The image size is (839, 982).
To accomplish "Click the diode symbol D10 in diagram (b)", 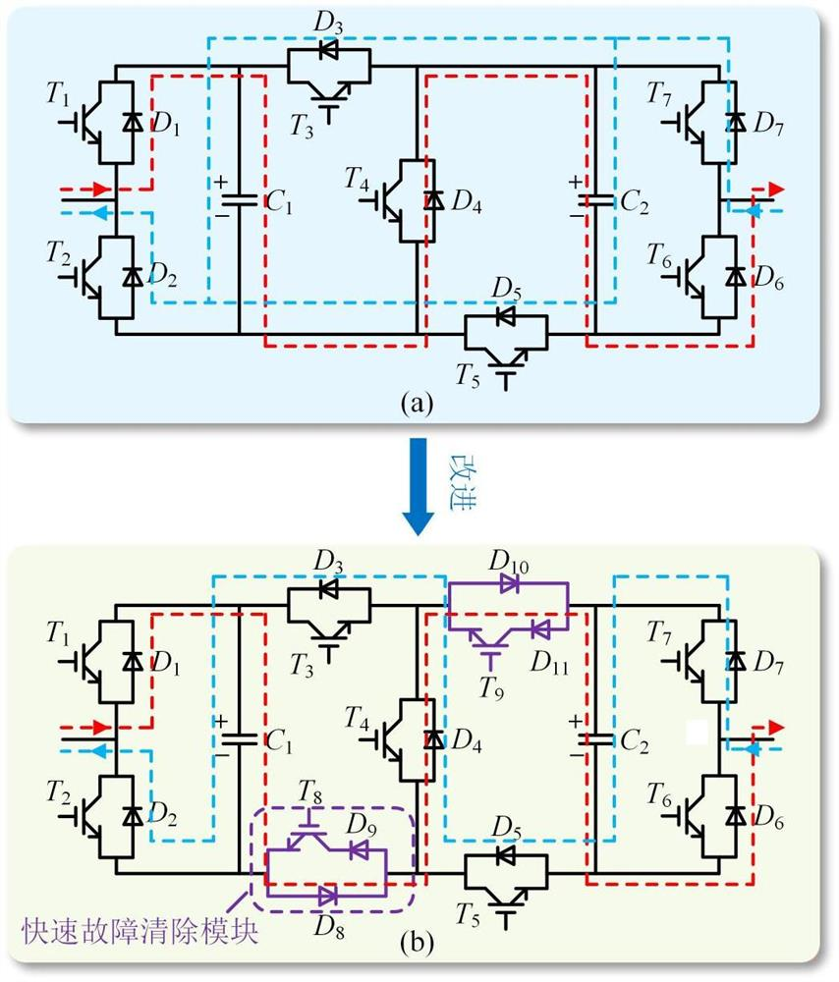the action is pyautogui.click(x=509, y=583).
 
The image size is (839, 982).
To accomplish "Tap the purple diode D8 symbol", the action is pyautogui.click(x=328, y=896).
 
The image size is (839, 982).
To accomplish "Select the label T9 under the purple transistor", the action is pyautogui.click(x=491, y=688).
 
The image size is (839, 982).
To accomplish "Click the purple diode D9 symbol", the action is pyautogui.click(x=359, y=849).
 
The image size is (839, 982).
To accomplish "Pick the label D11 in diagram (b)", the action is pyautogui.click(x=549, y=662).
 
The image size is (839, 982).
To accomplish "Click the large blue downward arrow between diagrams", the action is pyautogui.click(x=418, y=486).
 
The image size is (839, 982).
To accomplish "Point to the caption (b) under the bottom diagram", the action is pyautogui.click(x=417, y=942).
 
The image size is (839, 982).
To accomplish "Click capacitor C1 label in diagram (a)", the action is pyautogui.click(x=279, y=201).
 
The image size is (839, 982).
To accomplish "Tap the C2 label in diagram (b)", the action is pyautogui.click(x=634, y=740).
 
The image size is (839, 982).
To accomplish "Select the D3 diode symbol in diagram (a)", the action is pyautogui.click(x=329, y=50).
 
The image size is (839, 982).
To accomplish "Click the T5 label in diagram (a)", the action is pyautogui.click(x=468, y=376).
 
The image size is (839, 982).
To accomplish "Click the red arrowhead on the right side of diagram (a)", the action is pyautogui.click(x=777, y=189).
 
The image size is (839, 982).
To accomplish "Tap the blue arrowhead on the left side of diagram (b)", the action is pyautogui.click(x=97, y=751).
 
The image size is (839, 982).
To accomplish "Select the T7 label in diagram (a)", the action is pyautogui.click(x=659, y=95).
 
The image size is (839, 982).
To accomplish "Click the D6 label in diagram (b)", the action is pyautogui.click(x=768, y=818).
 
